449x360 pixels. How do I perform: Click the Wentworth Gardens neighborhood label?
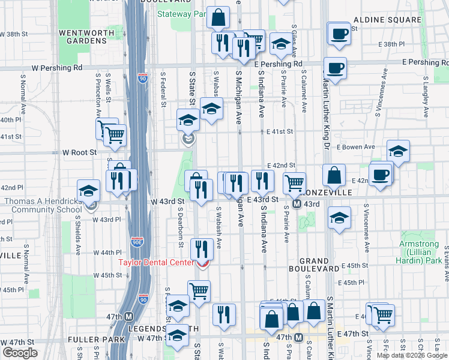click(x=82, y=35)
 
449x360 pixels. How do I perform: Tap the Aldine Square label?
click(x=387, y=20)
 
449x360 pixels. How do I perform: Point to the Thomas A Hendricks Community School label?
click(x=43, y=205)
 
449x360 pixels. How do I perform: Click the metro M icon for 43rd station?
click(x=297, y=204)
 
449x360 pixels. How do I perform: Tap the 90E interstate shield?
click(x=136, y=242)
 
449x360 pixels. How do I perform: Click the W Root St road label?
click(x=79, y=153)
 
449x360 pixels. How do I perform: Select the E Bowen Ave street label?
click(x=355, y=146)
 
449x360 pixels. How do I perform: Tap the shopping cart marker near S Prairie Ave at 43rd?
click(x=294, y=183)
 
